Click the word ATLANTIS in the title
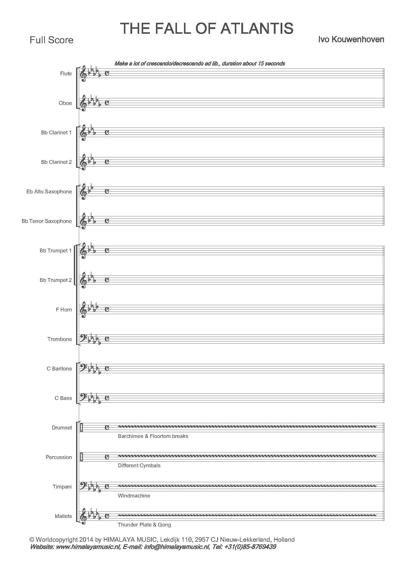coord(257,28)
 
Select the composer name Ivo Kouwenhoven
coord(351,40)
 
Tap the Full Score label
coord(52,40)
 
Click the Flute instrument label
coord(66,74)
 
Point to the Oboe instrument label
coord(65,103)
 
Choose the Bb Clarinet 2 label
coord(56,162)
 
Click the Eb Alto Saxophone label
coord(49,192)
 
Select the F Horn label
coord(64,310)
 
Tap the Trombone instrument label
coord(60,339)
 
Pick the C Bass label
coord(63,398)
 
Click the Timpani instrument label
coord(62,487)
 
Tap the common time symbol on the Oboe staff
coord(107,103)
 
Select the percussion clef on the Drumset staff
coord(81,427)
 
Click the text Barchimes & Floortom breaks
coord(153,436)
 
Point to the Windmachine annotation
coord(134,495)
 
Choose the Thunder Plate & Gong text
coord(144,525)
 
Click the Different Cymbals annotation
coord(139,465)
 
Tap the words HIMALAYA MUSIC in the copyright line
coord(129,540)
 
